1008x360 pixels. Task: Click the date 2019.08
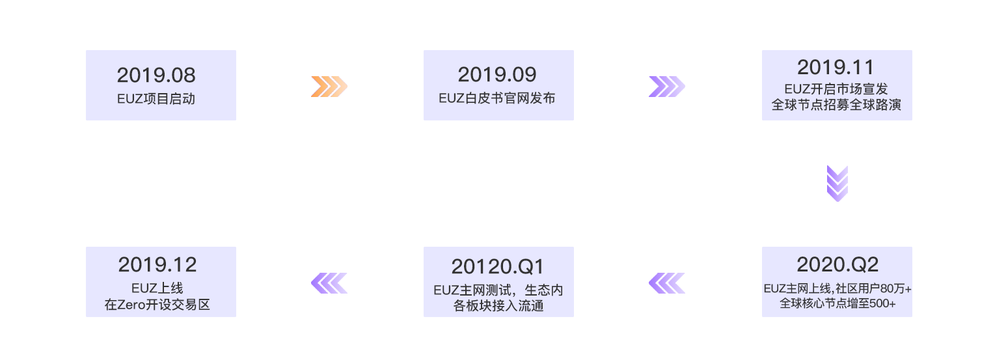(x=156, y=76)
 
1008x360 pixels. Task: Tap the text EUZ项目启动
(x=156, y=99)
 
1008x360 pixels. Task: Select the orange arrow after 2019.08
(x=329, y=87)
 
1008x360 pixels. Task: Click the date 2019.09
(x=497, y=75)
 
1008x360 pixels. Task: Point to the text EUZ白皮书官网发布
(x=498, y=99)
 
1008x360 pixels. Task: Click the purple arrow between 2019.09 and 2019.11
(x=666, y=87)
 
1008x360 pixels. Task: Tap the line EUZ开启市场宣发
(x=836, y=89)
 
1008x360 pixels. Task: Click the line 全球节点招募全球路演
(x=836, y=105)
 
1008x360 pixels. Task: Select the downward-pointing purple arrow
(x=837, y=183)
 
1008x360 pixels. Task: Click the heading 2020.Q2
(x=837, y=264)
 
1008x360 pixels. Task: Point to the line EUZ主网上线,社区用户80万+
(x=837, y=288)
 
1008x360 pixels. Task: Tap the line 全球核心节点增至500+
(x=837, y=304)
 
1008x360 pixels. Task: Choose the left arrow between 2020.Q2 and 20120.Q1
(x=666, y=283)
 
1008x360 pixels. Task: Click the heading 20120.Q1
(x=498, y=267)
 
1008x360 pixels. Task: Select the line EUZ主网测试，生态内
(x=498, y=290)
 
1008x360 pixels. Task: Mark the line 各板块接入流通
(x=498, y=305)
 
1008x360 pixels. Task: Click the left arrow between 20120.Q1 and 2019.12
(x=329, y=283)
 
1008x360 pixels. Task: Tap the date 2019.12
(x=157, y=265)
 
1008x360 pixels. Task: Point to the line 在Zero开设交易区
(x=157, y=305)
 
